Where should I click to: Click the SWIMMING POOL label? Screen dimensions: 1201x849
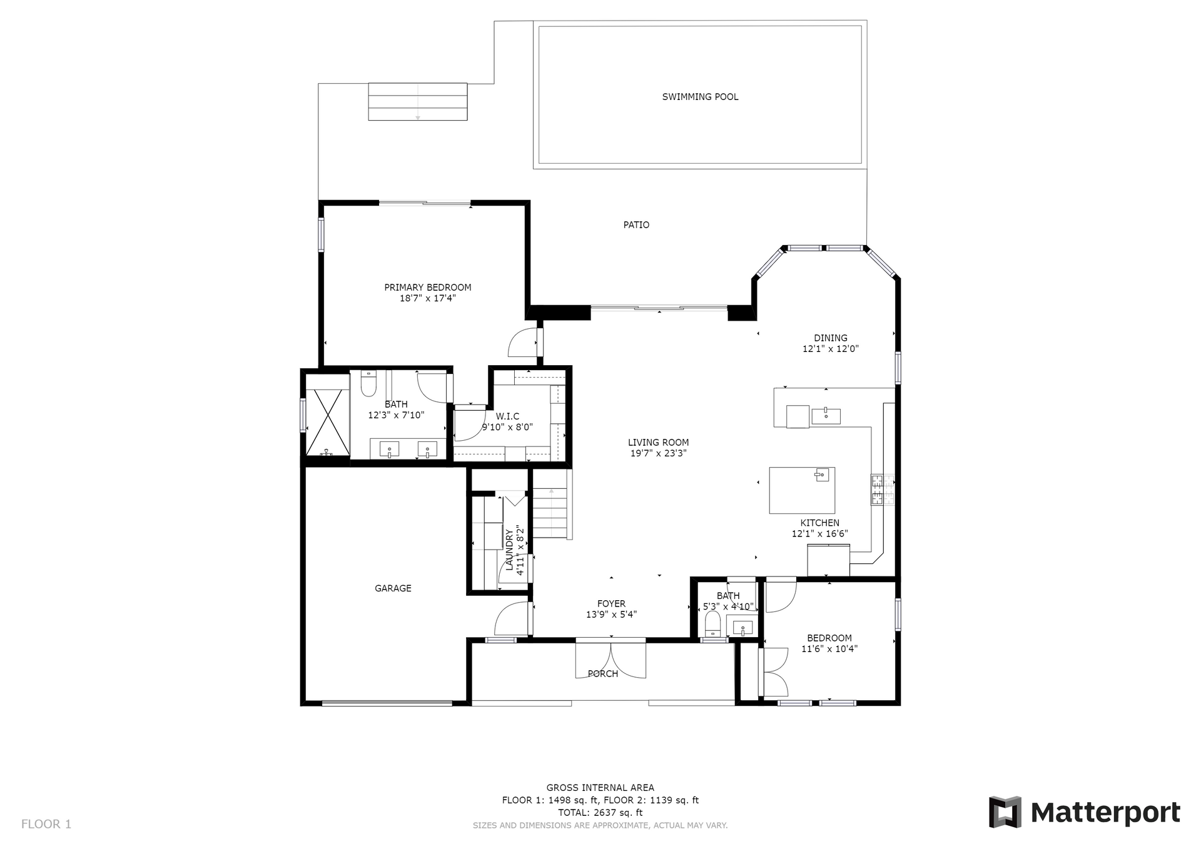tap(700, 97)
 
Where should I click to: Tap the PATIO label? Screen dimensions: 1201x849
tap(636, 225)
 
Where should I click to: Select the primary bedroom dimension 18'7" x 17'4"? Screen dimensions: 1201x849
tap(428, 299)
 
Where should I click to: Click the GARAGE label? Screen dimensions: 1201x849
tap(393, 588)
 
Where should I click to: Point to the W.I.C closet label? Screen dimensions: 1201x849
tap(507, 416)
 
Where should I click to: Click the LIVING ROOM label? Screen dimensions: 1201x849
tap(658, 443)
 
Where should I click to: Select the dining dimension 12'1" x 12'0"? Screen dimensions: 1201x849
tap(831, 349)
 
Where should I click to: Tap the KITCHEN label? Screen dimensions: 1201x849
tap(820, 523)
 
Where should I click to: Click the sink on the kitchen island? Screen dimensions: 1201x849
tap(822, 475)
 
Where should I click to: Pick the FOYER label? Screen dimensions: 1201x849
tap(611, 604)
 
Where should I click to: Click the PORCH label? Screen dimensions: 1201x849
tap(603, 674)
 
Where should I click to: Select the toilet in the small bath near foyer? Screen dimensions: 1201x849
tap(712, 623)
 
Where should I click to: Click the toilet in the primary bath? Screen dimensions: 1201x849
tap(368, 384)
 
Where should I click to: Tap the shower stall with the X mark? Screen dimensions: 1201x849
tap(327, 422)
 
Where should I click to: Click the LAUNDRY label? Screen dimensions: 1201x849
tap(509, 550)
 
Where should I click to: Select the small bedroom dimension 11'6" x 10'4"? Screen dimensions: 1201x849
tap(829, 649)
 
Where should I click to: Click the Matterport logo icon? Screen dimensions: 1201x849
tap(1005, 812)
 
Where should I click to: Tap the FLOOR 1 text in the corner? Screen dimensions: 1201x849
tap(46, 824)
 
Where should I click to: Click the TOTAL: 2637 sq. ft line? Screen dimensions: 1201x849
tap(600, 813)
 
